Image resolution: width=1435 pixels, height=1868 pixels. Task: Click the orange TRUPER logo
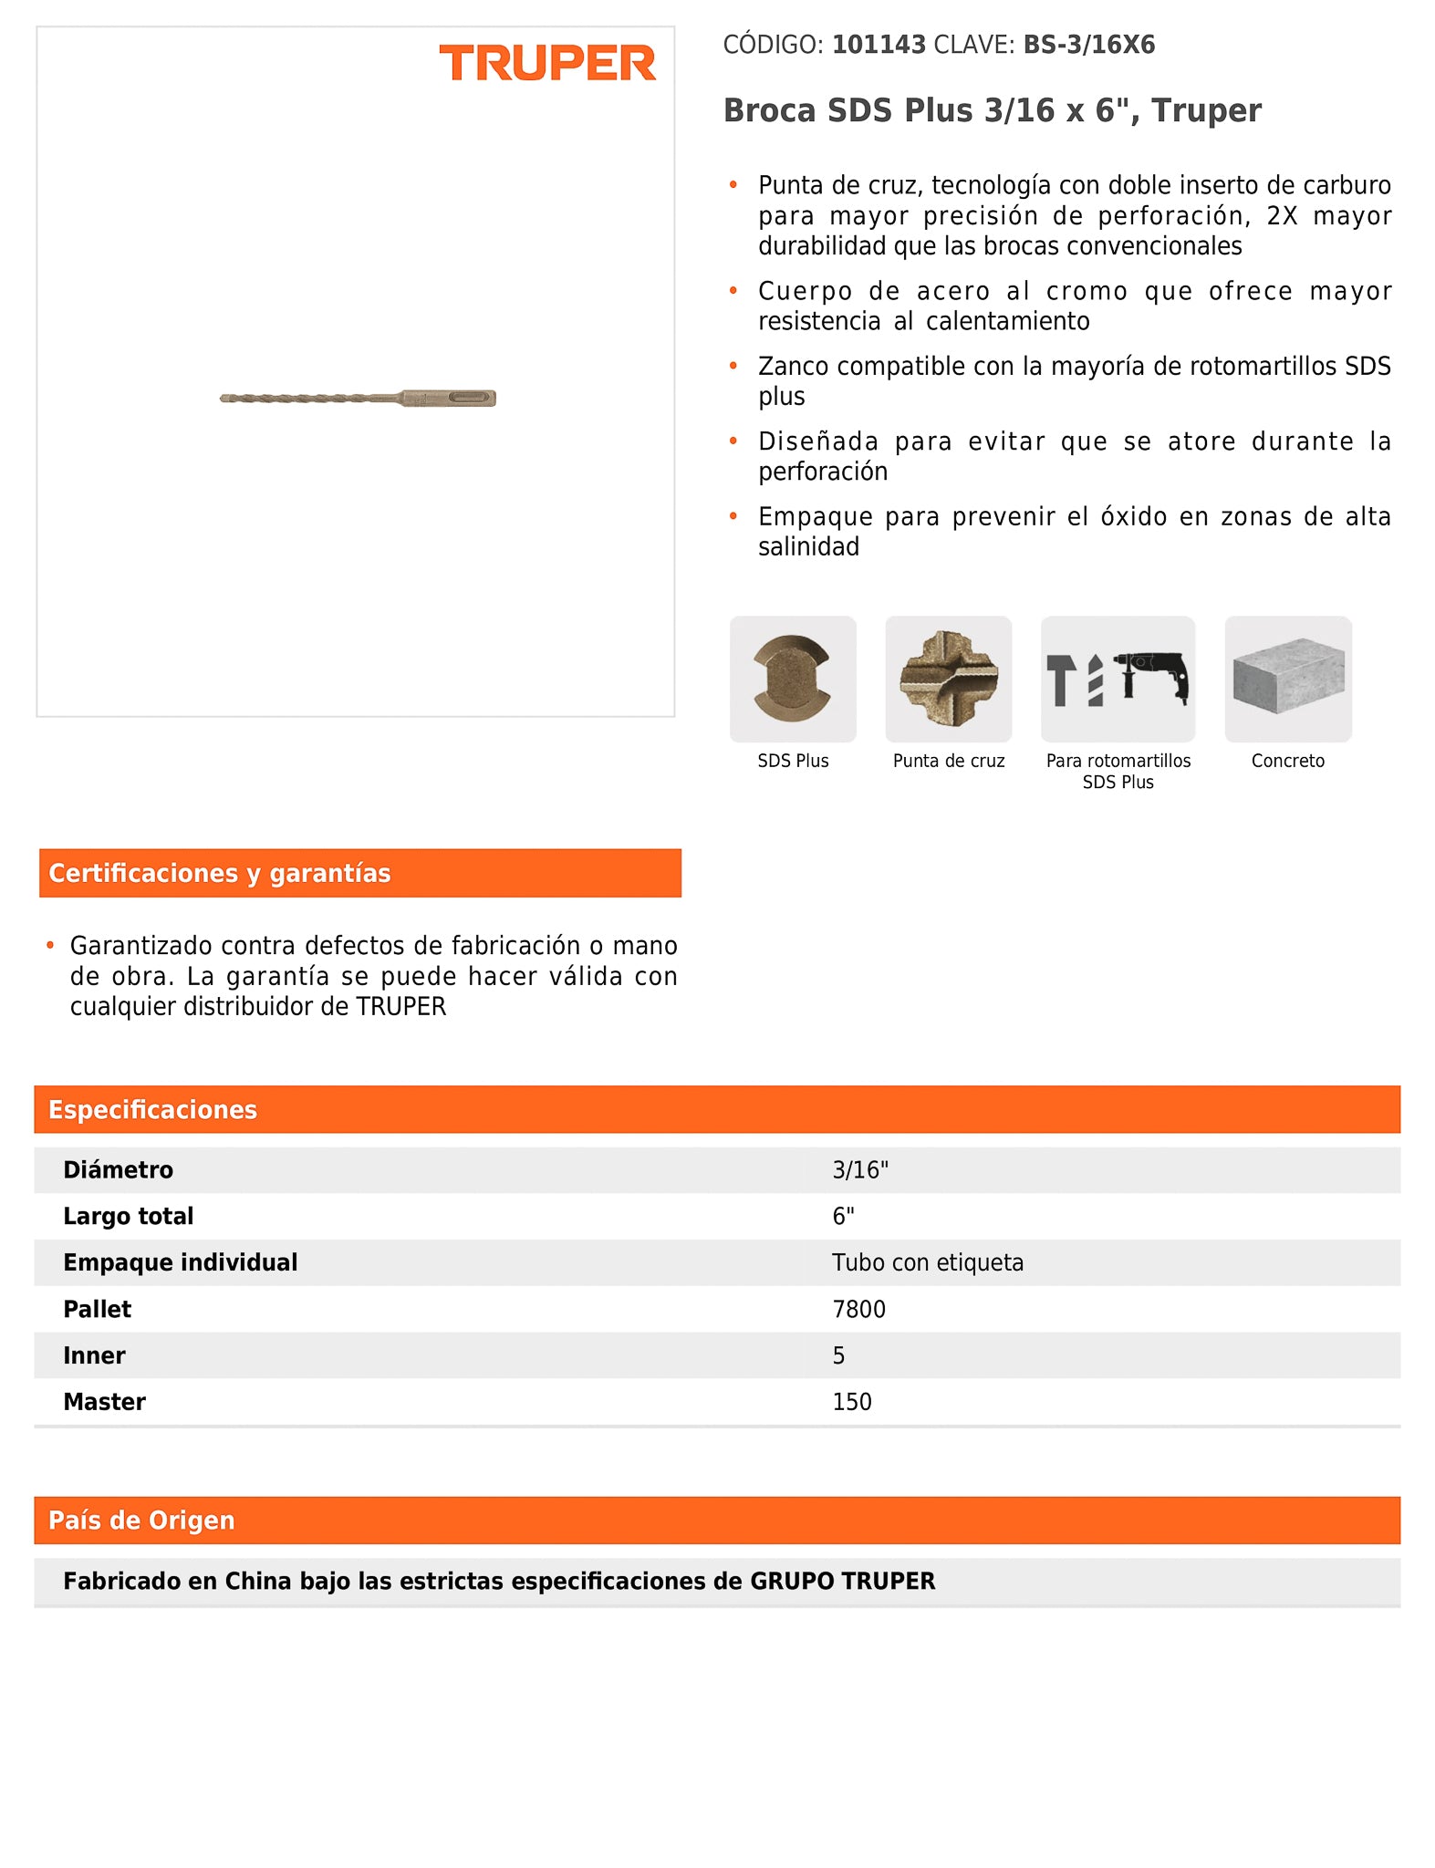pos(547,63)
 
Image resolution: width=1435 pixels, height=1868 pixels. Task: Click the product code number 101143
pos(879,45)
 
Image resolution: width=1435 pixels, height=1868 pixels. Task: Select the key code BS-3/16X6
pos(1088,45)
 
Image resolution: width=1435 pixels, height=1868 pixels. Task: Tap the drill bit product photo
pos(358,399)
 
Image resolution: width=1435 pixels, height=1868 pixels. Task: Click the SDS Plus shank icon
pos(792,680)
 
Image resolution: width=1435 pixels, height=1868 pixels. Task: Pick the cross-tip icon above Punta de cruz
pos(948,680)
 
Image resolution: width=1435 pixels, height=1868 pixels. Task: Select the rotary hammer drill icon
pos(1118,680)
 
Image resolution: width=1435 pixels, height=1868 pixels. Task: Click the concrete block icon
pos(1287,680)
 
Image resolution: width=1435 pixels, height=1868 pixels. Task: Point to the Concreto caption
pos(1287,761)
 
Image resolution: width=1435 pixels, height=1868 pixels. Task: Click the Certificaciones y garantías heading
pos(220,873)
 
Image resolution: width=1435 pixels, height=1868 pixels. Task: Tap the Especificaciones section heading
pos(152,1109)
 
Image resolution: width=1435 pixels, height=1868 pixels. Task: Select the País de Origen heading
pos(141,1520)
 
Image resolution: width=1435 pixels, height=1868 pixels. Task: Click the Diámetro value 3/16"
pos(859,1169)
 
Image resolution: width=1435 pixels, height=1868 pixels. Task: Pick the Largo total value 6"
pos(843,1216)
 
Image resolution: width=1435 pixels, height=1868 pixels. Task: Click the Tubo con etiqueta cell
pos(927,1262)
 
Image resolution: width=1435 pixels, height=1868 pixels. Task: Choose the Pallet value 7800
pos(858,1309)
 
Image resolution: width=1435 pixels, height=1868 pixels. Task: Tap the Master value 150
pos(851,1402)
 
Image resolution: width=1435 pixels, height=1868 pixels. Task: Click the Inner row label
pos(94,1355)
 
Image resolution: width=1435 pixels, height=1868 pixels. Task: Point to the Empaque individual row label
pos(180,1262)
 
